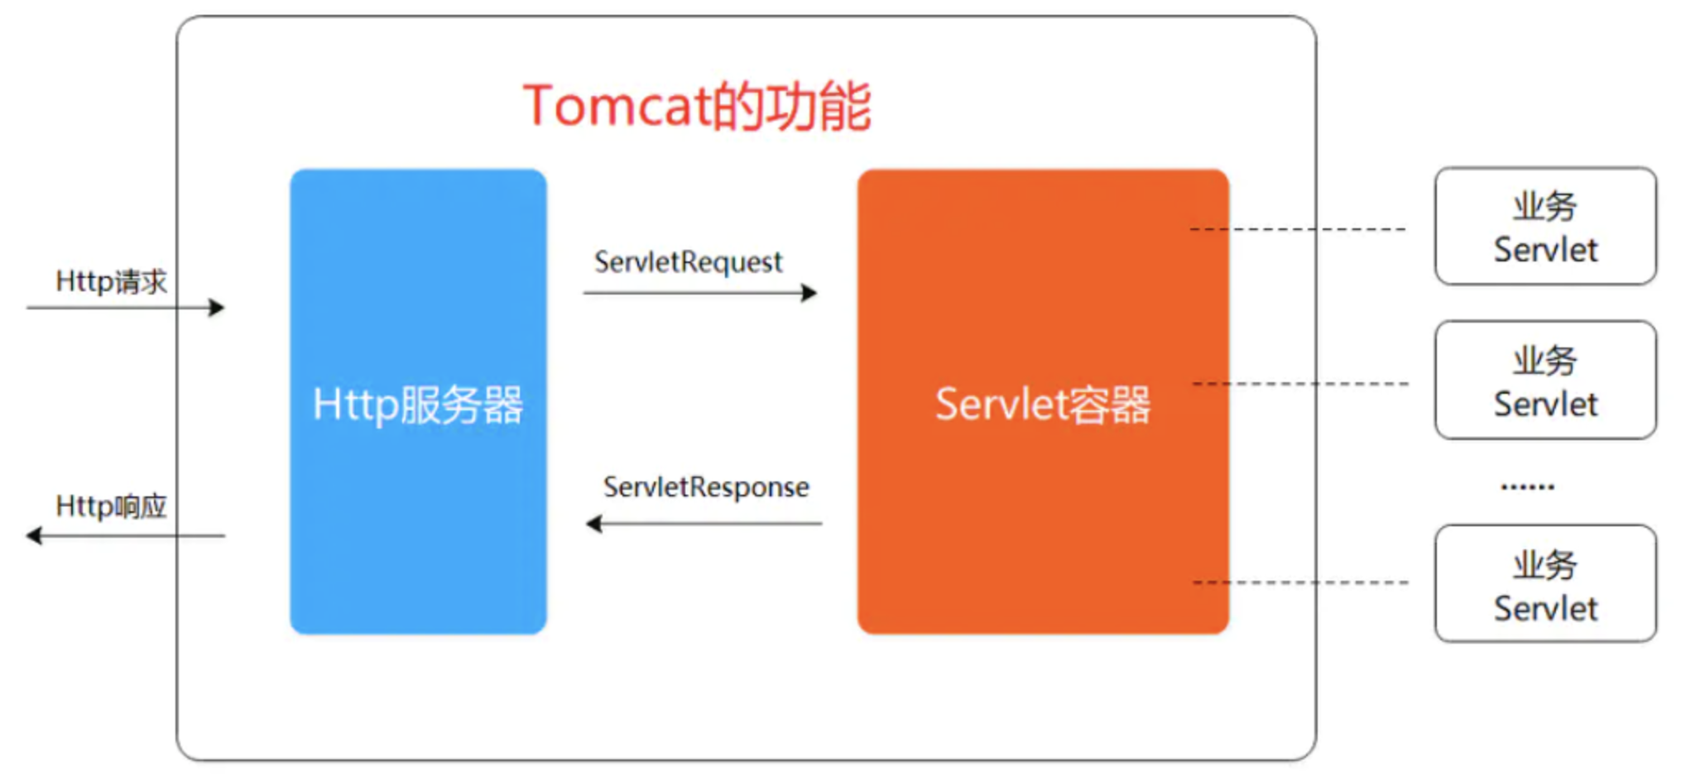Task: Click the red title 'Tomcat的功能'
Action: pyautogui.click(x=696, y=107)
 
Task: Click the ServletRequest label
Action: pyautogui.click(x=688, y=262)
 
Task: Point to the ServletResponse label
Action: pyautogui.click(x=706, y=487)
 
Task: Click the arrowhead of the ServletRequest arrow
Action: pyautogui.click(x=809, y=293)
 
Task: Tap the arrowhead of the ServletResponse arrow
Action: pyautogui.click(x=593, y=524)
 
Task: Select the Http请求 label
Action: pyautogui.click(x=111, y=282)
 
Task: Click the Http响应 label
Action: pyautogui.click(x=111, y=506)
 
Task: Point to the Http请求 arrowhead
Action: pyautogui.click(x=217, y=308)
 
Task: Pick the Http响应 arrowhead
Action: pyautogui.click(x=34, y=536)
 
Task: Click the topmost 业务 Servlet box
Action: pyautogui.click(x=1545, y=226)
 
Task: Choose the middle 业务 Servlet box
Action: pyautogui.click(x=1545, y=380)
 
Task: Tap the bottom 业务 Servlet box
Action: pyautogui.click(x=1545, y=583)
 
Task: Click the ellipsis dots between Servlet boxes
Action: pyautogui.click(x=1527, y=486)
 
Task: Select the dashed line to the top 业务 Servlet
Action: pyautogui.click(x=1324, y=229)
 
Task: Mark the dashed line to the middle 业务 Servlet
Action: pyautogui.click(x=1324, y=384)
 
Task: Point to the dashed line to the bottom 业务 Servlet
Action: pyautogui.click(x=1324, y=582)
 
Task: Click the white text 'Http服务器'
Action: pyautogui.click(x=418, y=405)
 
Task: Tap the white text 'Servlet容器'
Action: pyautogui.click(x=1042, y=405)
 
